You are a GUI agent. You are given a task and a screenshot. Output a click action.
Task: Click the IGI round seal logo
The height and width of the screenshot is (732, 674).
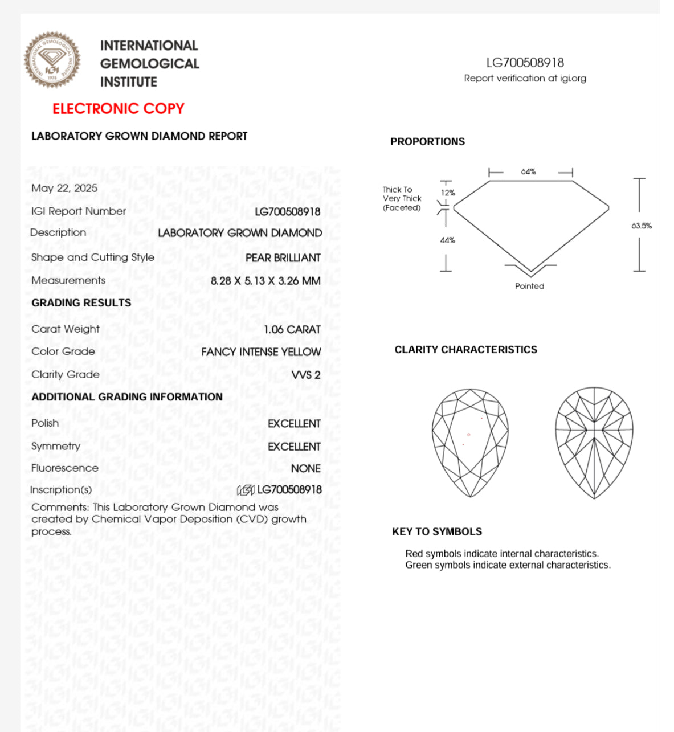pyautogui.click(x=52, y=60)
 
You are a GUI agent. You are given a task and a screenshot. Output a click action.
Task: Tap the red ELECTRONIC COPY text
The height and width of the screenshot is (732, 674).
pyautogui.click(x=119, y=108)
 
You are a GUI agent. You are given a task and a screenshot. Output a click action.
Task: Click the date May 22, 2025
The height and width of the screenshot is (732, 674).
pyautogui.click(x=64, y=188)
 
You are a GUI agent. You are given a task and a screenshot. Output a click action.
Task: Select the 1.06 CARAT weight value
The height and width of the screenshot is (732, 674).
pyautogui.click(x=292, y=329)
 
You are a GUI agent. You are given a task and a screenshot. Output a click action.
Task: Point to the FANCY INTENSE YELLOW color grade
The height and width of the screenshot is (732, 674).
pyautogui.click(x=261, y=352)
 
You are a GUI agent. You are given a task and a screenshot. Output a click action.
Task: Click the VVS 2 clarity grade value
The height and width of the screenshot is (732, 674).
pyautogui.click(x=306, y=375)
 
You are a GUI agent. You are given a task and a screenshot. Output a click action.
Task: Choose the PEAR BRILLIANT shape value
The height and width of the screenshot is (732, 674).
pyautogui.click(x=283, y=258)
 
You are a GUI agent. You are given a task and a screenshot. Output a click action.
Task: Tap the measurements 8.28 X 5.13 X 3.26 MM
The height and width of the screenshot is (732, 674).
pyautogui.click(x=265, y=281)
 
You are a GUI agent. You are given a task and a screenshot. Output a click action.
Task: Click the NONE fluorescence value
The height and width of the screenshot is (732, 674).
pyautogui.click(x=305, y=468)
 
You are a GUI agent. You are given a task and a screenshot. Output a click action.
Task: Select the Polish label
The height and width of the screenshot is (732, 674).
pyautogui.click(x=45, y=423)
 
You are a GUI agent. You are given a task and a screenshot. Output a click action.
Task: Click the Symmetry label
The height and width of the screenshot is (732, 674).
pyautogui.click(x=56, y=446)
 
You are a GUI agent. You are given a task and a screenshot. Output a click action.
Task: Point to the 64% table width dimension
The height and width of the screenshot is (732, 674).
pyautogui.click(x=528, y=171)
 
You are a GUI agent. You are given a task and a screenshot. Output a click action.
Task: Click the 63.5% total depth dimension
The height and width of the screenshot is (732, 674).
pyautogui.click(x=641, y=226)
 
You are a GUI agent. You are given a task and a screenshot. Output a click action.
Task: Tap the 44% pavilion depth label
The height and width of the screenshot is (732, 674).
pyautogui.click(x=448, y=240)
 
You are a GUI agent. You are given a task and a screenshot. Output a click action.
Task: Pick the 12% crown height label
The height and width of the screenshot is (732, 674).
pyautogui.click(x=448, y=193)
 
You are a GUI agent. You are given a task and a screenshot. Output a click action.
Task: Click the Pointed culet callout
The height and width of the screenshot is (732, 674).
pyautogui.click(x=529, y=286)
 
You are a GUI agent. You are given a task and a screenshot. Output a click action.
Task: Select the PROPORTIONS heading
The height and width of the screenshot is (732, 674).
pyautogui.click(x=427, y=142)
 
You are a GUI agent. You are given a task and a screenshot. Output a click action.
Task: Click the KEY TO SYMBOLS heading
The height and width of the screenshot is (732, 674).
pyautogui.click(x=437, y=531)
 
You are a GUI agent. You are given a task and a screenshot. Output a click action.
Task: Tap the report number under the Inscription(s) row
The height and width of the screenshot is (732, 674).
pyautogui.click(x=289, y=490)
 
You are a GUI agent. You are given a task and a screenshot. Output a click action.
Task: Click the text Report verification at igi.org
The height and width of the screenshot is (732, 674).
pyautogui.click(x=525, y=78)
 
